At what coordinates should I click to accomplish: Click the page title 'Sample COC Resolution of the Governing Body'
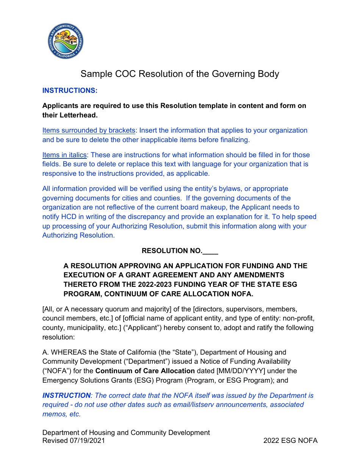pos(180,74)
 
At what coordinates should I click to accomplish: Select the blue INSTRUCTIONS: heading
pos(70,91)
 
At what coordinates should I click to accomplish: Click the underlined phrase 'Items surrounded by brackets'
pos(89,130)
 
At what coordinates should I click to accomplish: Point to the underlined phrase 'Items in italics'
pos(65,155)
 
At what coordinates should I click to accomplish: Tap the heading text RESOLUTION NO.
pos(172,251)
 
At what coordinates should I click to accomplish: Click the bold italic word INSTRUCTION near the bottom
pos(66,396)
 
